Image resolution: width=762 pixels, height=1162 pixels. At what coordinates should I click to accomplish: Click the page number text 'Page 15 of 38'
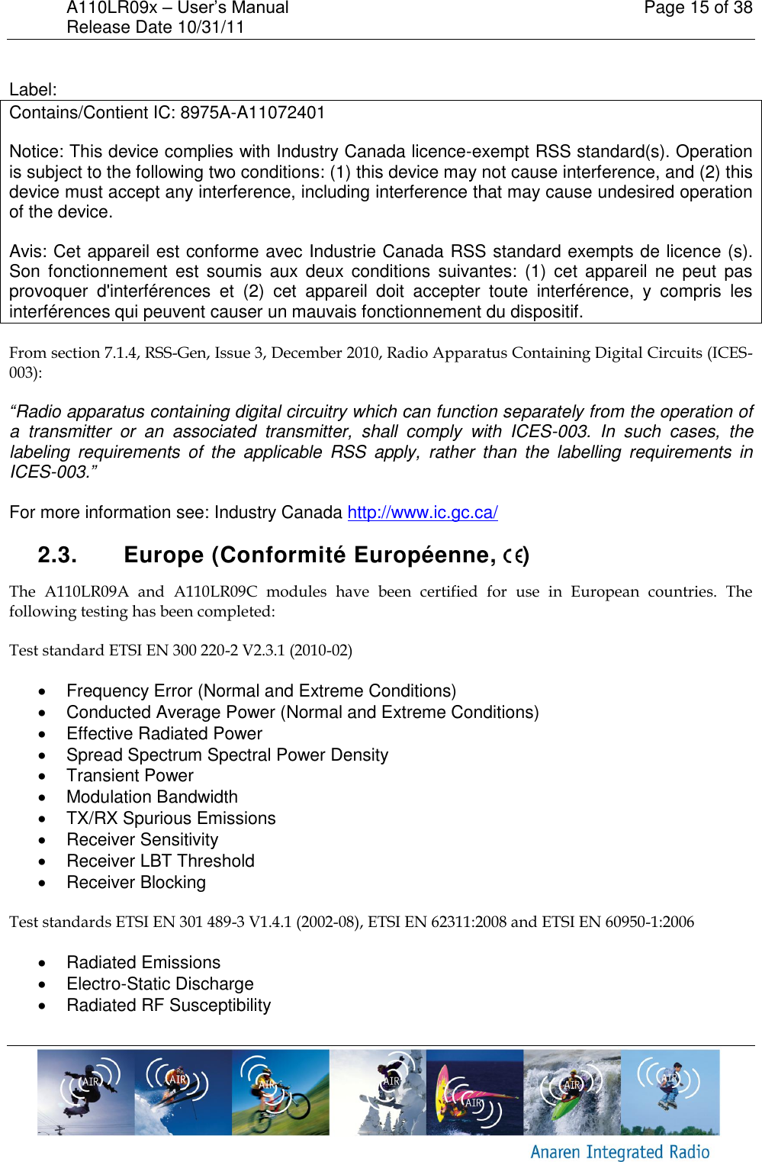tap(697, 8)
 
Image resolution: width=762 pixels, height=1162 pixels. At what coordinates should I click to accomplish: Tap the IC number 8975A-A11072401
tap(252, 113)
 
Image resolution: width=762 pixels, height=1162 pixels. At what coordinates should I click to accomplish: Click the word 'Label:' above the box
tap(33, 90)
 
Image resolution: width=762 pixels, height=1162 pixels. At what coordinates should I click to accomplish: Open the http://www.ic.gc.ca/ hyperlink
tap(423, 513)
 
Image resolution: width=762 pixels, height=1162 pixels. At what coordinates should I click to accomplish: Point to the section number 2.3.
tap(57, 555)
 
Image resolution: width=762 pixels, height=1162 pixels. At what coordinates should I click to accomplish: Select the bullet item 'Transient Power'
tap(130, 776)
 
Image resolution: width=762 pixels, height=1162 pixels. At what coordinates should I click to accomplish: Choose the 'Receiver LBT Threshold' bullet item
tap(160, 861)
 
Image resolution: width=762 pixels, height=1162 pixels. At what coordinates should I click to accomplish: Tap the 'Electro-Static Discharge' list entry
tap(159, 984)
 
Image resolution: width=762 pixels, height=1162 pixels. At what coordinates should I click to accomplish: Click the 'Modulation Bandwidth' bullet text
tap(152, 797)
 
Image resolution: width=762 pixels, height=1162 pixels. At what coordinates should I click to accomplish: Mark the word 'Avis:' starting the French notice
tap(29, 252)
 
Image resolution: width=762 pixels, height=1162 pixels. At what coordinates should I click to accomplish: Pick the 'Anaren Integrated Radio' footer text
tap(619, 1152)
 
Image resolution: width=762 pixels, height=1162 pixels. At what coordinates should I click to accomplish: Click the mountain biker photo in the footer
tap(281, 1092)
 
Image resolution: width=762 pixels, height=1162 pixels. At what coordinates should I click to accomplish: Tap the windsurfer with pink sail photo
tap(474, 1092)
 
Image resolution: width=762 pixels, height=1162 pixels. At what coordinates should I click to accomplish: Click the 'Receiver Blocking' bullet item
tap(136, 883)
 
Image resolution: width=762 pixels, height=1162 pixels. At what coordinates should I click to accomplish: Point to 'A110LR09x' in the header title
tap(111, 8)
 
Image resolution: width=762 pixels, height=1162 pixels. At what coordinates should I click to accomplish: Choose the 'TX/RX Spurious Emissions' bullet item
tap(171, 819)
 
